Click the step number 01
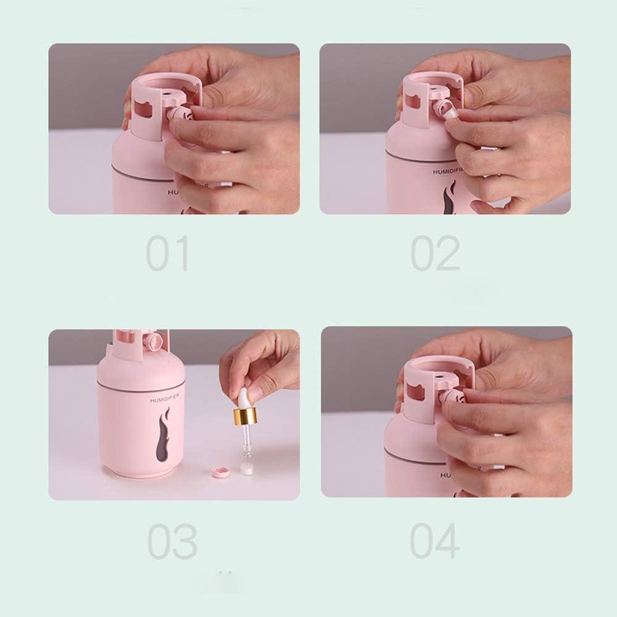(x=167, y=254)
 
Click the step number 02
(x=436, y=254)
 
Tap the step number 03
(x=172, y=541)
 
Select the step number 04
(x=435, y=541)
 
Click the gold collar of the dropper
(x=244, y=417)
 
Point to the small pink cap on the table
(x=220, y=473)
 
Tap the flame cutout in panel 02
(x=450, y=199)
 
